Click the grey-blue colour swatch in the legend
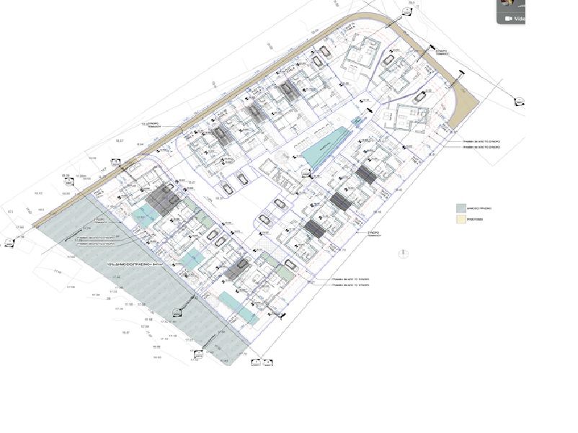click(461, 207)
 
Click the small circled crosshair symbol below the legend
click(402, 252)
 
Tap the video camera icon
click(507, 19)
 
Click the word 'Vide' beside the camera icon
click(519, 19)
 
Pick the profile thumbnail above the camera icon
click(507, 3)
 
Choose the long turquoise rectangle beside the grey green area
click(239, 307)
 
